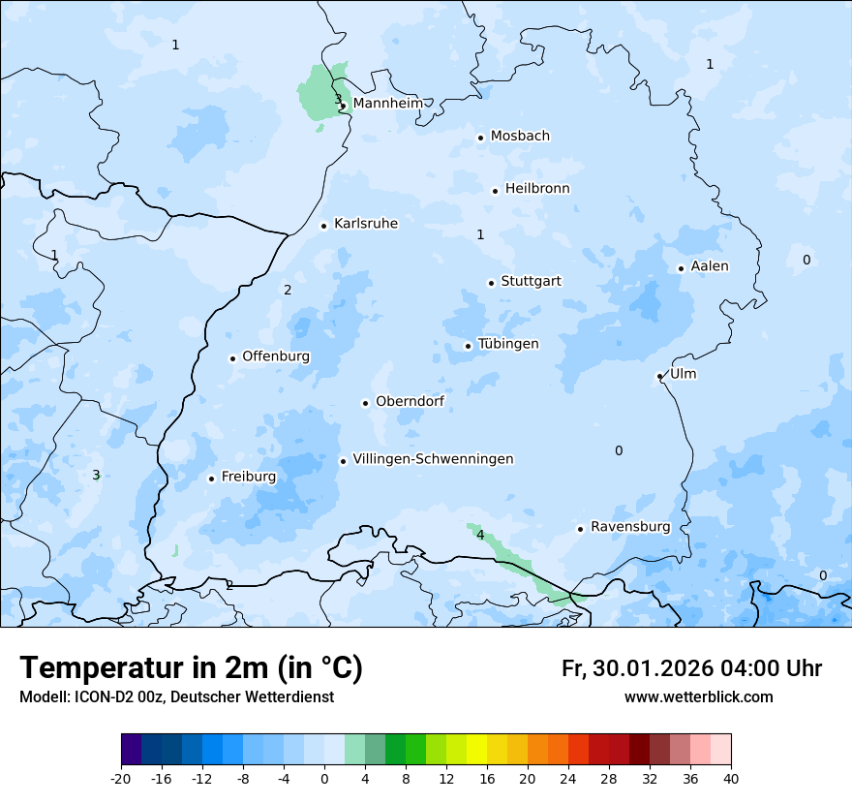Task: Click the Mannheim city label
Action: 387,104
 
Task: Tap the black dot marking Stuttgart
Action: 491,283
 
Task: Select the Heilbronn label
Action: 537,189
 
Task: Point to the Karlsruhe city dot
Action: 324,226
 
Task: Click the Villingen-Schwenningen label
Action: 433,459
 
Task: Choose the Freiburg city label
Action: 248,477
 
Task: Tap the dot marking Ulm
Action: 659,376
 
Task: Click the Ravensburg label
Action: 630,527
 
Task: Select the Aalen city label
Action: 710,266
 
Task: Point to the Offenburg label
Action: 276,356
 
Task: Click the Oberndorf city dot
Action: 365,403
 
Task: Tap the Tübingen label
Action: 508,344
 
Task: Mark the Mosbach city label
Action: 520,137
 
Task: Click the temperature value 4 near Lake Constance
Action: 480,535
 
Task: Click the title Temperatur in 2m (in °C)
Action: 191,668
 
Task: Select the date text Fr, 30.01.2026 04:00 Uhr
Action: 691,668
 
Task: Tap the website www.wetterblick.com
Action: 698,697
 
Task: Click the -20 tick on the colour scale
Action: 121,778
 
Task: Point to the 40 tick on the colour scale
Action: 731,778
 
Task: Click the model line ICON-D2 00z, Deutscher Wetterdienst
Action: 176,697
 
